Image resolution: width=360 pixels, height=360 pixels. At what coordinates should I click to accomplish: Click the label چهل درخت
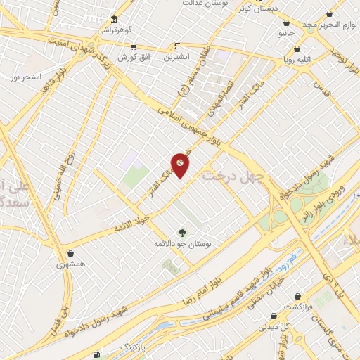pos(229,173)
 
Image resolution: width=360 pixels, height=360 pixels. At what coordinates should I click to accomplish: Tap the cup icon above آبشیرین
pos(178,47)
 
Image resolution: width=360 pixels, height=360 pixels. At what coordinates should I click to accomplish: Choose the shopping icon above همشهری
pos(70,253)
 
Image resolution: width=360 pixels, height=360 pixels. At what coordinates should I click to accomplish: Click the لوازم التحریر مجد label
pos(326,25)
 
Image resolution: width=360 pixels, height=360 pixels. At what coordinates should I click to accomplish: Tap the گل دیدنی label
pos(275,326)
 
